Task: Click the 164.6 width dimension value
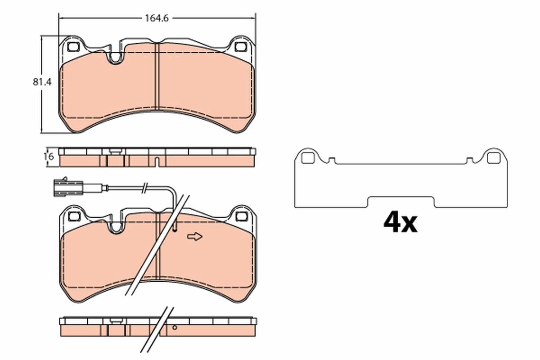point(156,18)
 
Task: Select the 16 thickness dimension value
point(49,157)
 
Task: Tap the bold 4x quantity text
point(400,222)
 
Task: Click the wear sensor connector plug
point(67,187)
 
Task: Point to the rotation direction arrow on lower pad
point(195,237)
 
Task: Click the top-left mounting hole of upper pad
point(72,46)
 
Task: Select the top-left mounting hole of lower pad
point(72,216)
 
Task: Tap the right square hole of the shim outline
point(493,158)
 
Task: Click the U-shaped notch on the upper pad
point(116,57)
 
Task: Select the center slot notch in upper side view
point(157,162)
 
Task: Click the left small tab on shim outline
point(332,159)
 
